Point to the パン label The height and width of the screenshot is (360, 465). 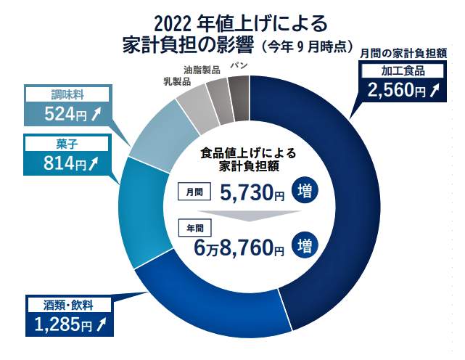point(237,65)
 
